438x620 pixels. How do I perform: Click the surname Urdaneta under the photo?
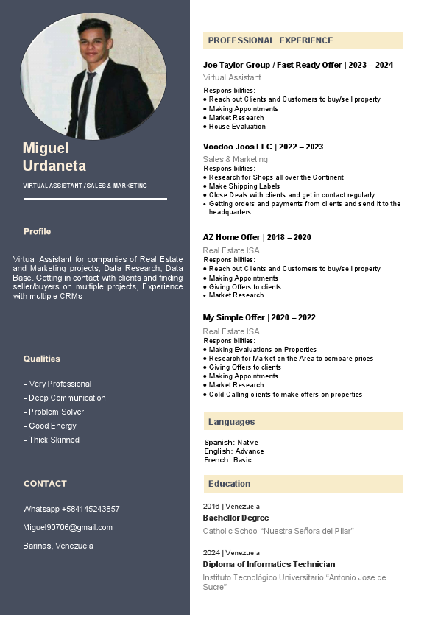click(54, 166)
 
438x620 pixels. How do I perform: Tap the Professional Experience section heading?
click(270, 40)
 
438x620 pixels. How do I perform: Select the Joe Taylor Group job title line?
click(297, 65)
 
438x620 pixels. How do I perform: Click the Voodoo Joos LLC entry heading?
click(263, 147)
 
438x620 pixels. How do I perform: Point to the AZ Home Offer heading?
click(257, 237)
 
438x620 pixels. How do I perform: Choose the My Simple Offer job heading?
click(259, 317)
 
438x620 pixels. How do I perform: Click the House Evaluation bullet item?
click(237, 127)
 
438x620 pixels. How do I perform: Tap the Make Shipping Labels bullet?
click(244, 186)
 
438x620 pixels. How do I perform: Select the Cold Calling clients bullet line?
click(285, 395)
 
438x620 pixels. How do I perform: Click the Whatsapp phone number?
click(71, 509)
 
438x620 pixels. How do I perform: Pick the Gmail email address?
click(68, 527)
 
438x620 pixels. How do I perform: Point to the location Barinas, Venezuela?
click(58, 546)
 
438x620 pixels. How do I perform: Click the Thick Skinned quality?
click(53, 440)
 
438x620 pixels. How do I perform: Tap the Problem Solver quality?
click(55, 412)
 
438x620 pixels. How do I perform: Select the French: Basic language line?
click(227, 460)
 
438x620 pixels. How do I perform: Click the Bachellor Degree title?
click(236, 518)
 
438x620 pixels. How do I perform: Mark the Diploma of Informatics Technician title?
click(269, 564)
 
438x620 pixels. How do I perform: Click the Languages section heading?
click(231, 422)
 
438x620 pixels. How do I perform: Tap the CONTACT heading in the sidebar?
click(45, 484)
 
